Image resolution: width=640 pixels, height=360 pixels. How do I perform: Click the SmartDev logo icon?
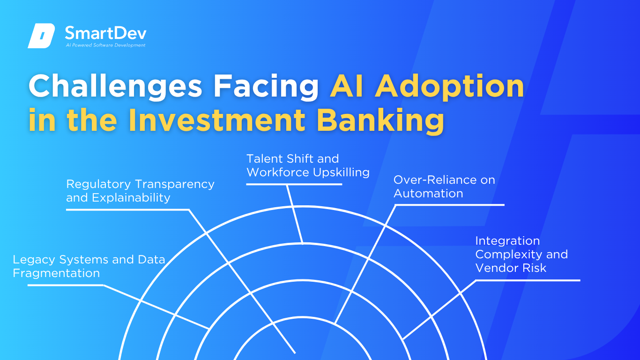tap(41, 36)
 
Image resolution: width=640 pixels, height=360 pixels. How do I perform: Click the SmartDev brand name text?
tap(106, 33)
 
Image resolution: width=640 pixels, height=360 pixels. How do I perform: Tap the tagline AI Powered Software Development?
tap(106, 45)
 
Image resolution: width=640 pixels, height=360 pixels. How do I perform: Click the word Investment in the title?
tap(217, 120)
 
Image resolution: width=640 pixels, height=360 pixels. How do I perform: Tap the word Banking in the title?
tap(380, 120)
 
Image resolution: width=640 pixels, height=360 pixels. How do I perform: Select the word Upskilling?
tap(341, 172)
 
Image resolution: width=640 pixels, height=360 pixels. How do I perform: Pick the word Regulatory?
tap(98, 184)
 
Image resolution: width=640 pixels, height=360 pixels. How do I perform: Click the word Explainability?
tap(131, 198)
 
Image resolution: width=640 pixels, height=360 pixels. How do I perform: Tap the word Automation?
tap(428, 194)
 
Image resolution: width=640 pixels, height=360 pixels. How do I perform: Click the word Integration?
tap(508, 241)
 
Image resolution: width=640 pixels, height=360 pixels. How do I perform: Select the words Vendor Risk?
tap(511, 268)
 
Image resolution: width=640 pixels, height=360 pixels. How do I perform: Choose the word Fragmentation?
tap(56, 273)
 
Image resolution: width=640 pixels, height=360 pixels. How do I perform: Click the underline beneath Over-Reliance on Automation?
tap(450, 205)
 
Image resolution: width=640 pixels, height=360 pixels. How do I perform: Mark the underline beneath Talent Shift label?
tap(294, 184)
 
